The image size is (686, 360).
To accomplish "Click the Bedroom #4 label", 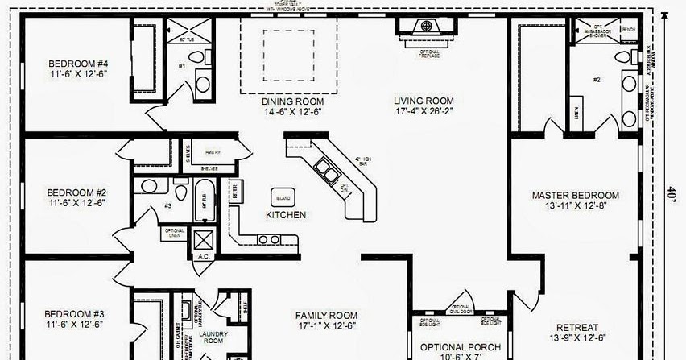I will coord(77,64).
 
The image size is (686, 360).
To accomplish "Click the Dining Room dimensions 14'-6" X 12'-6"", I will coord(291,112).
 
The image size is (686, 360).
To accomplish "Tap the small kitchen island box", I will coord(283,197).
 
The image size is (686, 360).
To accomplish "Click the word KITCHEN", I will coord(286,215).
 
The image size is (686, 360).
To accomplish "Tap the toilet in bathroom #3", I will coord(149,187).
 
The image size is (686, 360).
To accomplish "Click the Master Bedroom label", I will coord(576,195).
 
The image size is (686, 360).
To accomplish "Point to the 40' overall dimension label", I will coord(671,193).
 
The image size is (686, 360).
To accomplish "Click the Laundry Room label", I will coord(213,337).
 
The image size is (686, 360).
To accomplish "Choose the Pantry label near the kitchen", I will coord(213,151).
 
